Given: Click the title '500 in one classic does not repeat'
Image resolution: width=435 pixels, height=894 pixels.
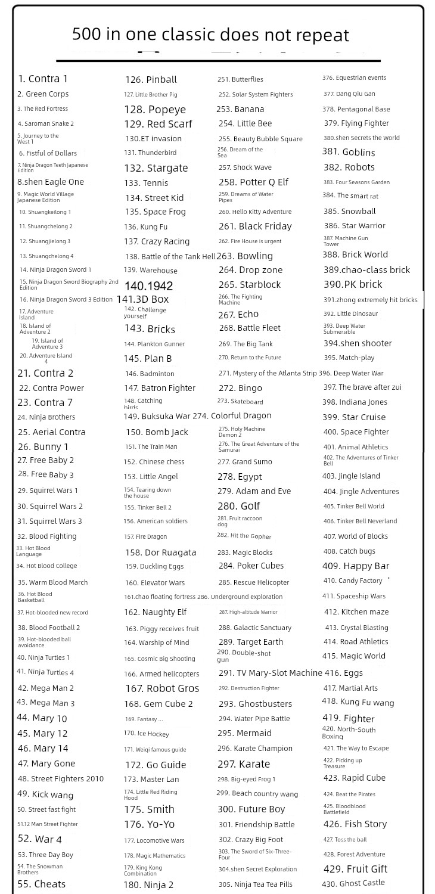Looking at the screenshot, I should pos(210,35).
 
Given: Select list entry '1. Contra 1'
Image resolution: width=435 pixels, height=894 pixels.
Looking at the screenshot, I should pos(43,79).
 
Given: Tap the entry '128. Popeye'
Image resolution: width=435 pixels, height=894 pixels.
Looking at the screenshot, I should pos(155,109).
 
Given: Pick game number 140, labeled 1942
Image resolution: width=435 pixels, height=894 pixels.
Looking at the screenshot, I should pos(148,285).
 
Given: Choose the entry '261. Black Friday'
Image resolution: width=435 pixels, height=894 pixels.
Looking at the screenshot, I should pos(255,226).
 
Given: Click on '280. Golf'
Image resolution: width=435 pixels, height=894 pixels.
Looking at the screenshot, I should pos(238,506).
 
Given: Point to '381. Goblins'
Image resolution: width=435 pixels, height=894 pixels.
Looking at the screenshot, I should pos(349,152).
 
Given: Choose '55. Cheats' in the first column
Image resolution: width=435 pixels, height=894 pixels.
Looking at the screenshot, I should pos(42,883).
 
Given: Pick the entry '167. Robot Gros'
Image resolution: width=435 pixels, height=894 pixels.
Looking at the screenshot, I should pos(161,688).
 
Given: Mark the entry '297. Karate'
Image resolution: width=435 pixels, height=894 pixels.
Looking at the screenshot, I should pos(244,764).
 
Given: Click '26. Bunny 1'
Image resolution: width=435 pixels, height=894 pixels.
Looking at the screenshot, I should pos(43,446).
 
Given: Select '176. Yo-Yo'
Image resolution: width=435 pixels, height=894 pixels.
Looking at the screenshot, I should pos(149,824).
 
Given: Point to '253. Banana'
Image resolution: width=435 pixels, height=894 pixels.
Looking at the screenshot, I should pos(240,109).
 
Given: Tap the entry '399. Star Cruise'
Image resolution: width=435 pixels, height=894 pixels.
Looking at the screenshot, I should pos(354,417).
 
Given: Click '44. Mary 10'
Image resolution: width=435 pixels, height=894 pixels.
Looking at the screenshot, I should pos(42,718).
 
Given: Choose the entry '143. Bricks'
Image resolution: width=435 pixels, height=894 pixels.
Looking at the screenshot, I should pos(150,329).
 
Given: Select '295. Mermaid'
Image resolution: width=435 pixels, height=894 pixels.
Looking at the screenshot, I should pos(244,733).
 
